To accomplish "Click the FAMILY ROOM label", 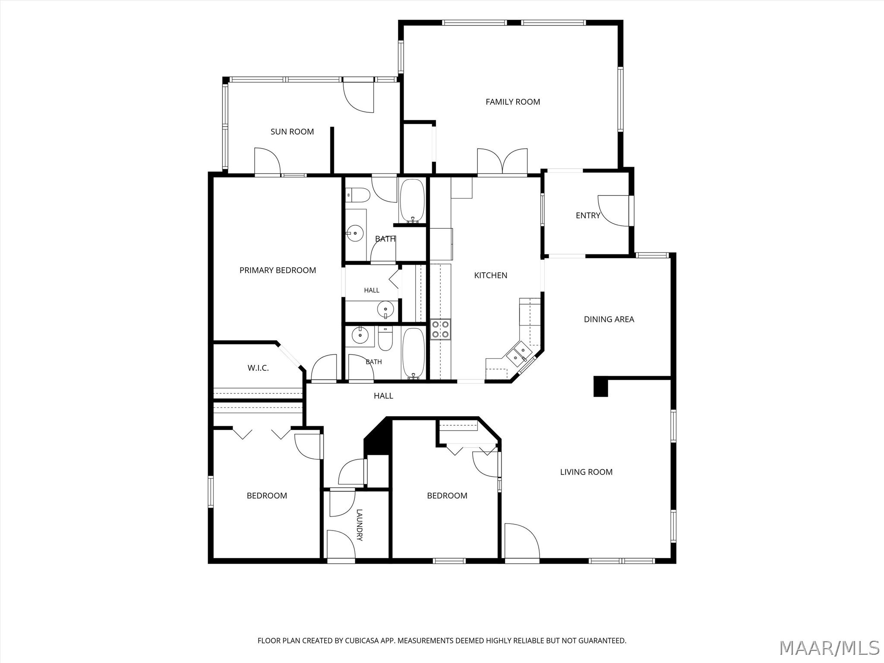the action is pos(513,102).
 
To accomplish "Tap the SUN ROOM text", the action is pos(292,132).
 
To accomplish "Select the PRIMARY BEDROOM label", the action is pos(278,270).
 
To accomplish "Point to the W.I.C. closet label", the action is pos(258,368).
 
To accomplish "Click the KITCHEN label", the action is pos(491,275).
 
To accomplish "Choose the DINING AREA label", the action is pos(609,319).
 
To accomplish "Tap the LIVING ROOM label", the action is pos(586,472).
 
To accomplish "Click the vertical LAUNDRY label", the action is pos(360,525).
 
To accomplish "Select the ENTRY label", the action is pos(588,215).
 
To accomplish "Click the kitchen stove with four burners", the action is pos(441,329).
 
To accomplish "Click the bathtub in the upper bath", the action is pos(413,201).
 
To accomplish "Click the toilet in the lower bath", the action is pos(385,339).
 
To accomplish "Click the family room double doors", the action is pos(502,162).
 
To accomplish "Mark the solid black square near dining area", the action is pos(601,386).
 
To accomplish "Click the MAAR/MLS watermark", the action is pos(830,648).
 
